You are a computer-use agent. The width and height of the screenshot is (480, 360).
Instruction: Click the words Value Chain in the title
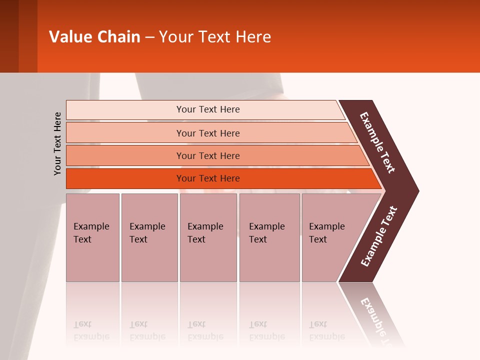(94, 37)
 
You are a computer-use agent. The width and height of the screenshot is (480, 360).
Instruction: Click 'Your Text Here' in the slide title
(215, 37)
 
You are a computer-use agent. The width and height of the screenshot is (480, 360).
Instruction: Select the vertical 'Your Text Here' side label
(57, 143)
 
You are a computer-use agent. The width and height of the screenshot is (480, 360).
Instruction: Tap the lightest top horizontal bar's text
(208, 109)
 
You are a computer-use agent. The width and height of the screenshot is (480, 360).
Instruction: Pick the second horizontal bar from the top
(208, 133)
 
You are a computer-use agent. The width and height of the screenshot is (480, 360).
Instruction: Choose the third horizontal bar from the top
(208, 156)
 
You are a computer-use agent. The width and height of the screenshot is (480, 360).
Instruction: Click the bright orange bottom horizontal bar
(208, 178)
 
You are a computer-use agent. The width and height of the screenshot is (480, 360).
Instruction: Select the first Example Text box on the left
(92, 237)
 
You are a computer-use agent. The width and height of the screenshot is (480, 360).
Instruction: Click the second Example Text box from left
(149, 237)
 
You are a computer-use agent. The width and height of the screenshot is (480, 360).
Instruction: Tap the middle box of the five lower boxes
(208, 237)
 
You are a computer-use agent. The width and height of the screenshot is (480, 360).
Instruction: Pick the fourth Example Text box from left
(269, 237)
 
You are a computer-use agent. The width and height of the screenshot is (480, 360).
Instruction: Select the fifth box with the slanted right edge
(330, 237)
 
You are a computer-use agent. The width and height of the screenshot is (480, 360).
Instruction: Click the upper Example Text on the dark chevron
(377, 142)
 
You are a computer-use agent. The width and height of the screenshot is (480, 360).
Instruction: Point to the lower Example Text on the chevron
(379, 236)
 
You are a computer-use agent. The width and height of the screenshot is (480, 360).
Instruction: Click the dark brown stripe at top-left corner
(9, 36)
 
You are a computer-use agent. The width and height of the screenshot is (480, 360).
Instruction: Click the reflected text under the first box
(91, 330)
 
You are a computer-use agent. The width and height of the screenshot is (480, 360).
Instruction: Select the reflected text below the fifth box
(326, 330)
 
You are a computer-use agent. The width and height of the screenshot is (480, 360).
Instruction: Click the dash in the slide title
(149, 37)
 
